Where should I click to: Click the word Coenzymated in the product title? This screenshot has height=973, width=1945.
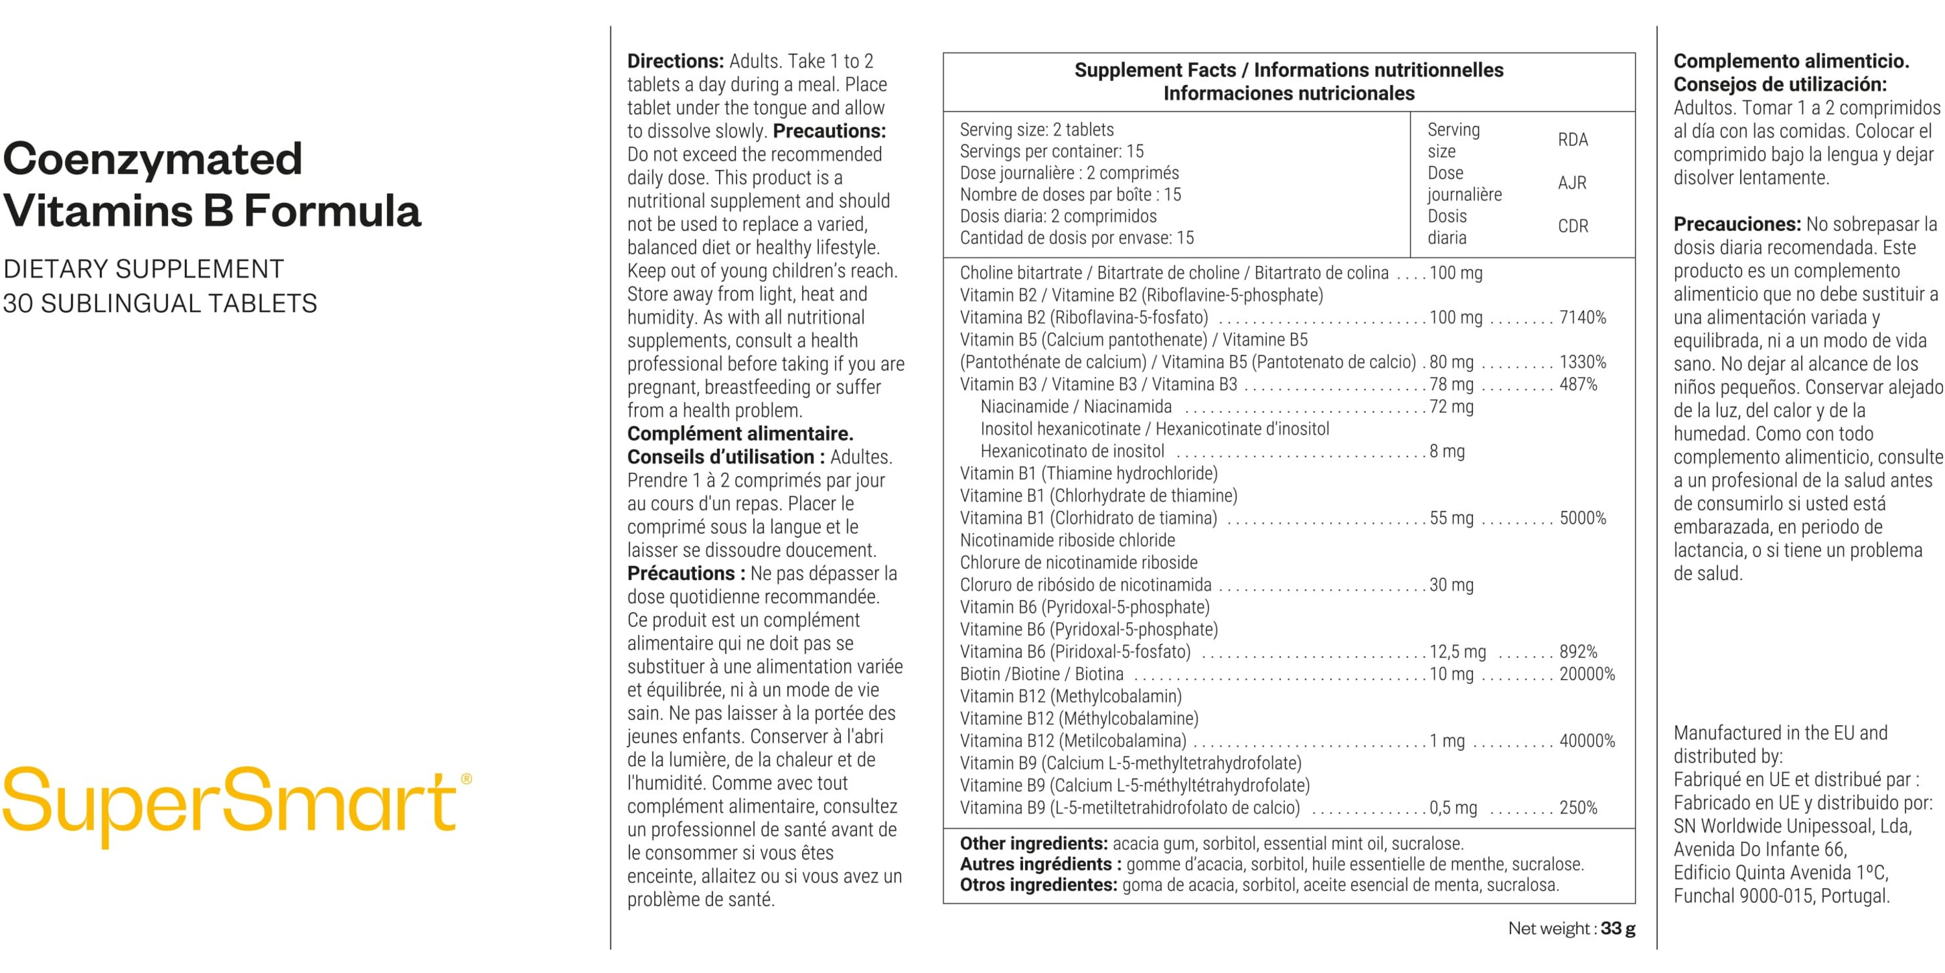pos(152,160)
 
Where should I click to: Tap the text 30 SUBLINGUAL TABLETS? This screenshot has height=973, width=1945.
pos(160,304)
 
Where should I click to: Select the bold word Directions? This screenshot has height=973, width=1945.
pos(675,61)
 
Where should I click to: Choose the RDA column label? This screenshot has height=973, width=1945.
pos(1573,139)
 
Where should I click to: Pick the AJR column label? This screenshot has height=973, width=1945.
pos(1572,183)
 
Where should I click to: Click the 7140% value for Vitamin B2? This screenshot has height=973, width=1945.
pos(1583,317)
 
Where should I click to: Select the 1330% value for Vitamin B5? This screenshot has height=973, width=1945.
pos(1583,362)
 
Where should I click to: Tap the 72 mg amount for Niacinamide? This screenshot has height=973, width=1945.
pos(1451,407)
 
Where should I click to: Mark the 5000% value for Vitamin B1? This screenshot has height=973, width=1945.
pos(1583,518)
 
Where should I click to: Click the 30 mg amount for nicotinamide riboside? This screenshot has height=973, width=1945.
pos(1451,584)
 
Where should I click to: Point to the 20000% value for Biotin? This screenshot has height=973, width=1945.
pos(1587,674)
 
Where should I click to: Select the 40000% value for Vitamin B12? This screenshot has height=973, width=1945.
pos(1587,741)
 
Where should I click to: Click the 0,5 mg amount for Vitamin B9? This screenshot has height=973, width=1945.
pos(1454,808)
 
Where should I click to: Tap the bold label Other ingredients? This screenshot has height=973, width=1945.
pos(1033,843)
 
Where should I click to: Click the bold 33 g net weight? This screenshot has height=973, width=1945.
pos(1618,928)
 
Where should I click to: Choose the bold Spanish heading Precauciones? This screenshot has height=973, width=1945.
pos(1737,224)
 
